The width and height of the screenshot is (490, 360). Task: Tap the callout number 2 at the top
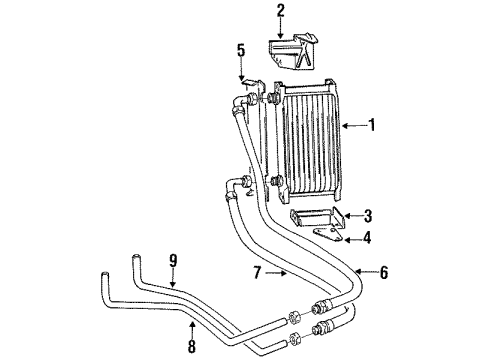coord(281,11)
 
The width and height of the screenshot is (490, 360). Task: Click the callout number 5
coord(240,49)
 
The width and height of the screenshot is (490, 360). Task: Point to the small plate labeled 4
coord(320,234)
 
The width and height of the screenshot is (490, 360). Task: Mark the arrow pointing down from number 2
coord(281,30)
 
